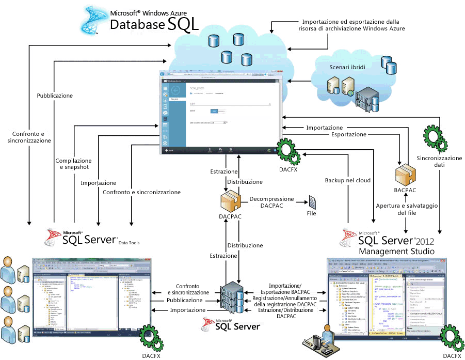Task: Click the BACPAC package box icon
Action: pyautogui.click(x=405, y=173)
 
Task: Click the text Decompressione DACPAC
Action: pyautogui.click(x=271, y=202)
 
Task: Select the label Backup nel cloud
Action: pyautogui.click(x=348, y=181)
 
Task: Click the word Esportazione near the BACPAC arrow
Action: pyautogui.click(x=348, y=134)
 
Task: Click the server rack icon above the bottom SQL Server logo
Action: pyautogui.click(x=231, y=300)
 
